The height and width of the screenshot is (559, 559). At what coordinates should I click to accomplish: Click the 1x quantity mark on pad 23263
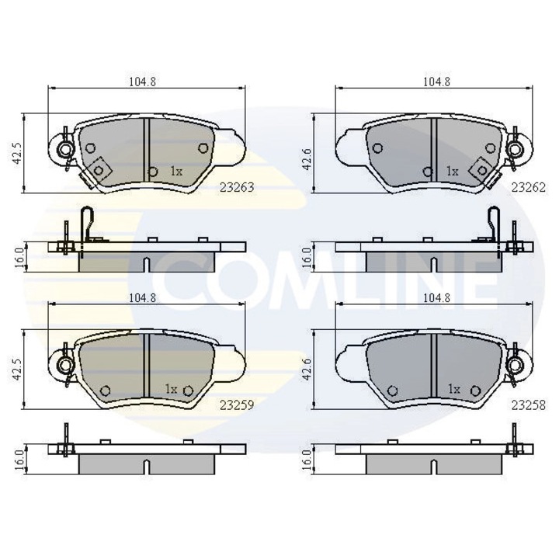pos(175,171)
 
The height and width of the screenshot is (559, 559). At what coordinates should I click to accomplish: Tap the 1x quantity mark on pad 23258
pos(454,388)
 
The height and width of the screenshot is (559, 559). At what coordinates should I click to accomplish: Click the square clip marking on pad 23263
pos(99,168)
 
